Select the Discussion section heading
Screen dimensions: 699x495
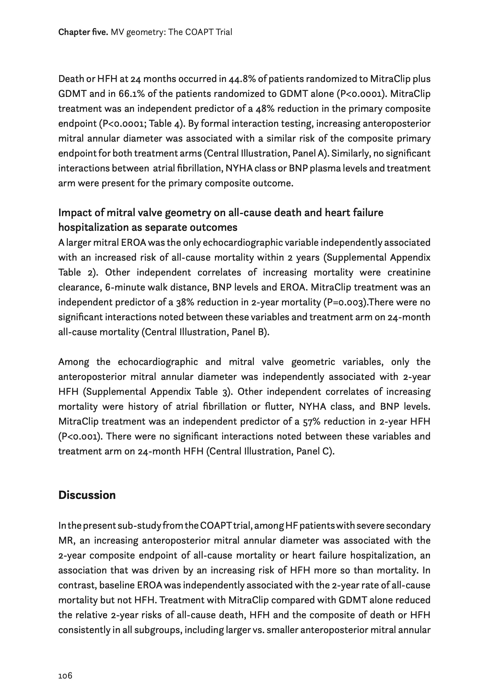(x=87, y=495)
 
